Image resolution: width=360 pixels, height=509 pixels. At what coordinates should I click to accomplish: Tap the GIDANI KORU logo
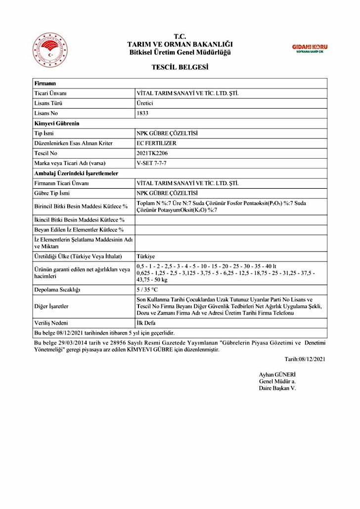310,48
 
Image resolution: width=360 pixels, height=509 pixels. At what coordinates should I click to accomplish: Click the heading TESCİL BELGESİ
180,67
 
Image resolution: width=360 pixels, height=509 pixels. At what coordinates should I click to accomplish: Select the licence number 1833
142,113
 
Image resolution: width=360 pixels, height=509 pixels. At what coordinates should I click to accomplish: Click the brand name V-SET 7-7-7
151,163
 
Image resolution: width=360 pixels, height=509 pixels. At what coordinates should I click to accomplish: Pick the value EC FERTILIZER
156,143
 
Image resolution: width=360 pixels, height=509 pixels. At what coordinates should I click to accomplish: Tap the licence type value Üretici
145,103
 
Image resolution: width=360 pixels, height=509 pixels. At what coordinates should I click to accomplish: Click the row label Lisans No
46,113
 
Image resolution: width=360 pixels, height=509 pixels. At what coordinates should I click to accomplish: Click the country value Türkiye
146,256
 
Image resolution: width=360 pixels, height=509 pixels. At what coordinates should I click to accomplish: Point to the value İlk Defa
146,322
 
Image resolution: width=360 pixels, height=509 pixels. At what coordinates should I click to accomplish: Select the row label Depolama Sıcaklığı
57,289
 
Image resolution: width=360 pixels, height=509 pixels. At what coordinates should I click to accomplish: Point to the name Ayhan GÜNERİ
277,374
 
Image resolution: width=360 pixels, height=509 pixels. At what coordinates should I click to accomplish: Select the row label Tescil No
46,153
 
